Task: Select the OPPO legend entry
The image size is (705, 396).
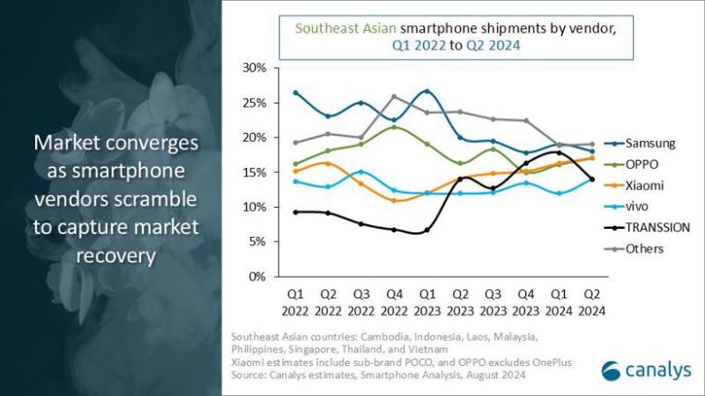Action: click(643, 165)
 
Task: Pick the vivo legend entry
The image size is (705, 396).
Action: click(639, 206)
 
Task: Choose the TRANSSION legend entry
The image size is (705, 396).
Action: click(656, 228)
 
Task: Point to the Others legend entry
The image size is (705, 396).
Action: click(644, 249)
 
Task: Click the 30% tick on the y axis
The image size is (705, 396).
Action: click(254, 68)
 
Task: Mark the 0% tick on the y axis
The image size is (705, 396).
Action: click(258, 277)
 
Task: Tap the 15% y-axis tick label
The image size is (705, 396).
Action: click(254, 173)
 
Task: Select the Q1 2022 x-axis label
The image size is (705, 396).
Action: click(296, 302)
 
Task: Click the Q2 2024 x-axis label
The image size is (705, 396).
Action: click(592, 302)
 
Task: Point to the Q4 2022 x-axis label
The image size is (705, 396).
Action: click(394, 302)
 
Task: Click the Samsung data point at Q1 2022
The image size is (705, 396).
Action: click(296, 93)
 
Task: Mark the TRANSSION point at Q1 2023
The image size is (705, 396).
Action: click(427, 231)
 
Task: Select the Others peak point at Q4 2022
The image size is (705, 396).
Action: click(394, 97)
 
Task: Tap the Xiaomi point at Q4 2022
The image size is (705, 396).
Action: click(394, 201)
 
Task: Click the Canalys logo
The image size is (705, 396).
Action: click(645, 369)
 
